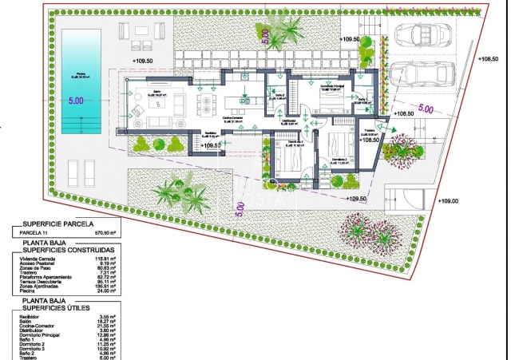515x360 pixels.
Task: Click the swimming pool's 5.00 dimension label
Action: tap(76, 101)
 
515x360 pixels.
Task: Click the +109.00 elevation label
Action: tap(449, 201)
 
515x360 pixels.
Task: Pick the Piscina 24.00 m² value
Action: tap(107, 290)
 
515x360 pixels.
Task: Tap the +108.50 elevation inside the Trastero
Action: tap(369, 140)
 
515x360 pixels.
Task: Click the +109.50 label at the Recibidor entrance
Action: tap(209, 146)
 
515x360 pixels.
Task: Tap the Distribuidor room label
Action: tap(290, 121)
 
